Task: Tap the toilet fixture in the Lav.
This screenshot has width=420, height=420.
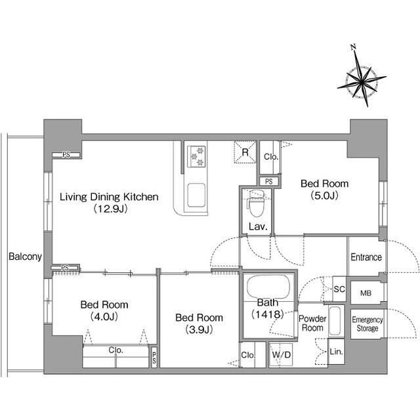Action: point(256,203)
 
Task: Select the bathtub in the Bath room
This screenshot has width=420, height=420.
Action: point(268,286)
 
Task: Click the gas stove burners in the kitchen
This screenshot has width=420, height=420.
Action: point(196,156)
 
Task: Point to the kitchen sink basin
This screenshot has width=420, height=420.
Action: point(196,195)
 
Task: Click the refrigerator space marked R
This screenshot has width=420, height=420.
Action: point(245,152)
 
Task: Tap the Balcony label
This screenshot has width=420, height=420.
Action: point(25,257)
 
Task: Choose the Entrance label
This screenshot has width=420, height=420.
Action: point(366,257)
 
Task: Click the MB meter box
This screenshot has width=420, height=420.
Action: point(366,293)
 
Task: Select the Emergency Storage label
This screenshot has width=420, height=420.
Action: point(367,324)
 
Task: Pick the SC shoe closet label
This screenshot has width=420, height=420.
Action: point(339,289)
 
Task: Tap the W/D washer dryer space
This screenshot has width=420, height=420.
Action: point(281,355)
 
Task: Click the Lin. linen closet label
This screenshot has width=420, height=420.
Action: point(336,352)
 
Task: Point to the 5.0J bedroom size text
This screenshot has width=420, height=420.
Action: point(325,196)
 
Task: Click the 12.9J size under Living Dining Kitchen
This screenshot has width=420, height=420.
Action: point(110,209)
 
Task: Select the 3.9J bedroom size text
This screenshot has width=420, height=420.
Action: point(199,329)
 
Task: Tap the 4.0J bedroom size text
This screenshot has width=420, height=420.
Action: point(104,316)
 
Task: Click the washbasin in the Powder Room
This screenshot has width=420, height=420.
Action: point(335,321)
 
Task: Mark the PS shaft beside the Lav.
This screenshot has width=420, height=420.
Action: point(269,181)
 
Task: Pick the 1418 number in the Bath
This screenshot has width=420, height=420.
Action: point(268,314)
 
